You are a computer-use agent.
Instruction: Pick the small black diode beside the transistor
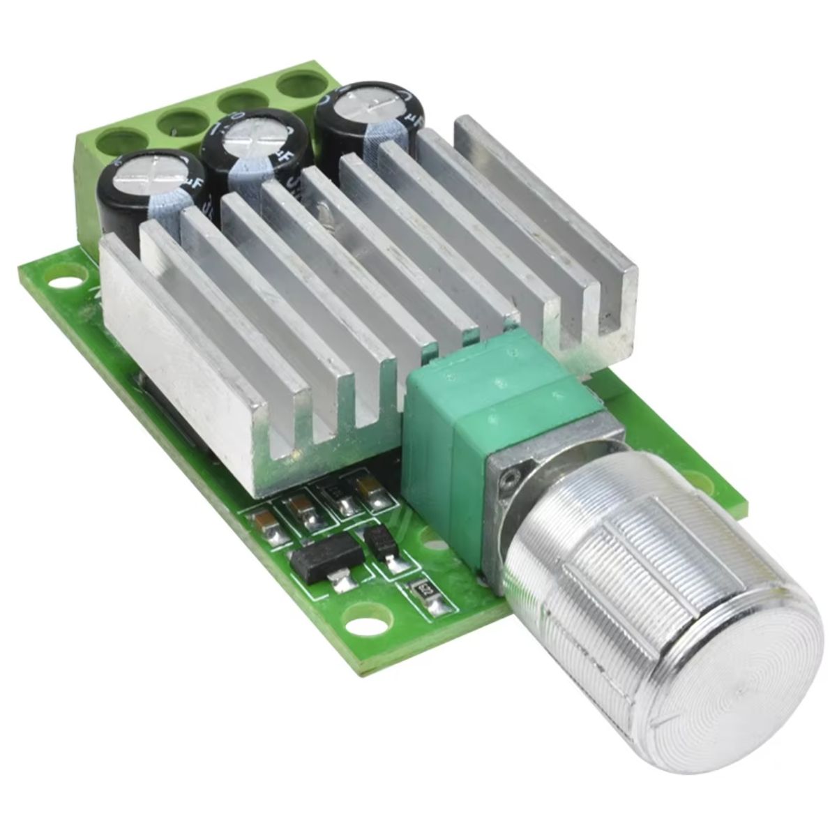(382, 541)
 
